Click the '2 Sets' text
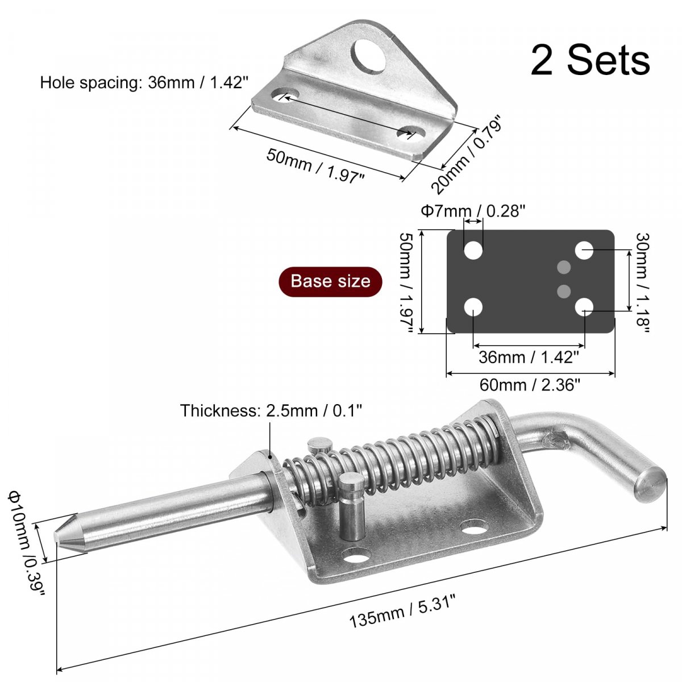(590, 60)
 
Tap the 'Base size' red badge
(330, 281)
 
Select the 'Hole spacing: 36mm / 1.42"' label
(144, 83)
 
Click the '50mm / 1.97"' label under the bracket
(315, 165)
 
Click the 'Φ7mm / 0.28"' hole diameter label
(473, 211)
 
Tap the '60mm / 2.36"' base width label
(529, 385)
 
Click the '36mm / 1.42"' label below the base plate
(529, 357)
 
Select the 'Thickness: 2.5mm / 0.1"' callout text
(271, 410)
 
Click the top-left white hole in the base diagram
(473, 250)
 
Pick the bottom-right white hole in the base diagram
(584, 307)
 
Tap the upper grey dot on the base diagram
(564, 267)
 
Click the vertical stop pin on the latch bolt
(351, 506)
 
